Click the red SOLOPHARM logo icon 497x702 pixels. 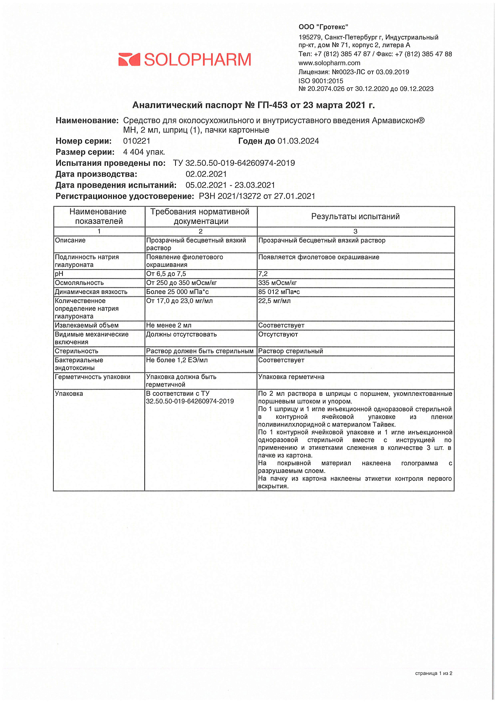coord(129,60)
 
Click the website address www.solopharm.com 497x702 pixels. coord(329,63)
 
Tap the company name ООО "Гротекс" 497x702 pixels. coord(323,27)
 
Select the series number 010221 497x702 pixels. coord(137,141)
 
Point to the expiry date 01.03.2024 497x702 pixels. coord(298,141)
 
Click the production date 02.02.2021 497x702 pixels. coord(206,174)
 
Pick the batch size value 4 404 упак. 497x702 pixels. coord(144,152)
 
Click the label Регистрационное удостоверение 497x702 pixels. coord(124,196)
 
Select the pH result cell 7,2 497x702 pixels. coord(263,274)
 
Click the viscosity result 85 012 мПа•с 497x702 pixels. coord(279,292)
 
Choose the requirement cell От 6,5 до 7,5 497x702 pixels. coord(166,274)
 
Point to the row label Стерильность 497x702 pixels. coord(76,351)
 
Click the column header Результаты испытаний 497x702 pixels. coord(355,216)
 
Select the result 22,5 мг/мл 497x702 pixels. coord(274,301)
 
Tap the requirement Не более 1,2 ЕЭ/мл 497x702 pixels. coord(177,360)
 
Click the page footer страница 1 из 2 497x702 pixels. coord(433,673)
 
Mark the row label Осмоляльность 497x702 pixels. coord(79,283)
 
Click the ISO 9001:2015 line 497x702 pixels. coord(321,81)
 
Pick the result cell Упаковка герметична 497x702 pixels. coord(291,377)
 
